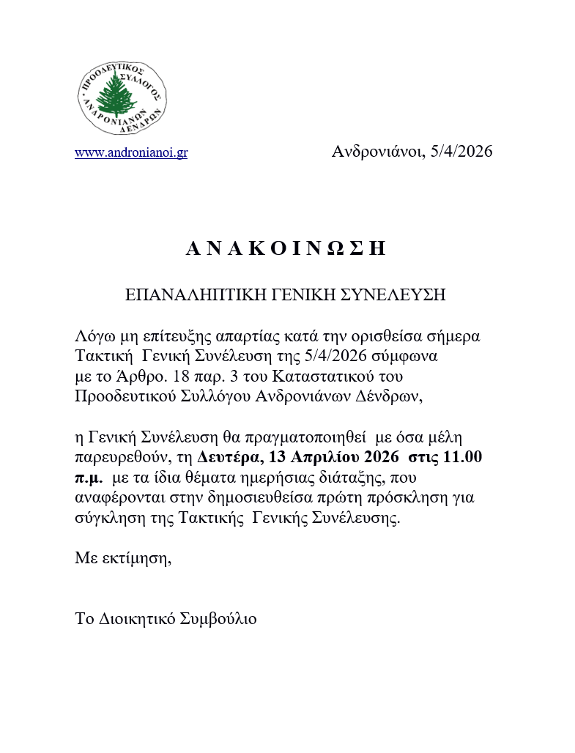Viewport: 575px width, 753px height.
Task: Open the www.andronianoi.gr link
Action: coord(131,153)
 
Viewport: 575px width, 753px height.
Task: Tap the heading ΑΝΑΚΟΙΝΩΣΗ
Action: coord(286,249)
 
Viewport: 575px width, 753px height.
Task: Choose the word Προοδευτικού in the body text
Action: coord(119,396)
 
